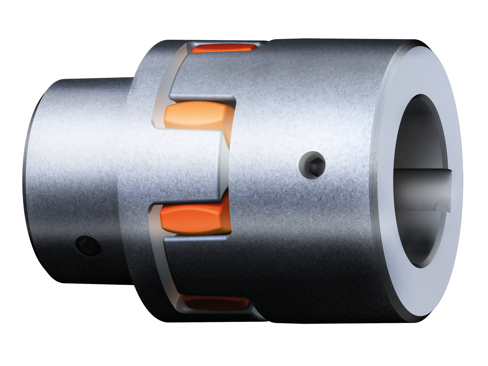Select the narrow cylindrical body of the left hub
[x=76, y=153]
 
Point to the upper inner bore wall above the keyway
[x=423, y=126]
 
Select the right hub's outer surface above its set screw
[x=313, y=95]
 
